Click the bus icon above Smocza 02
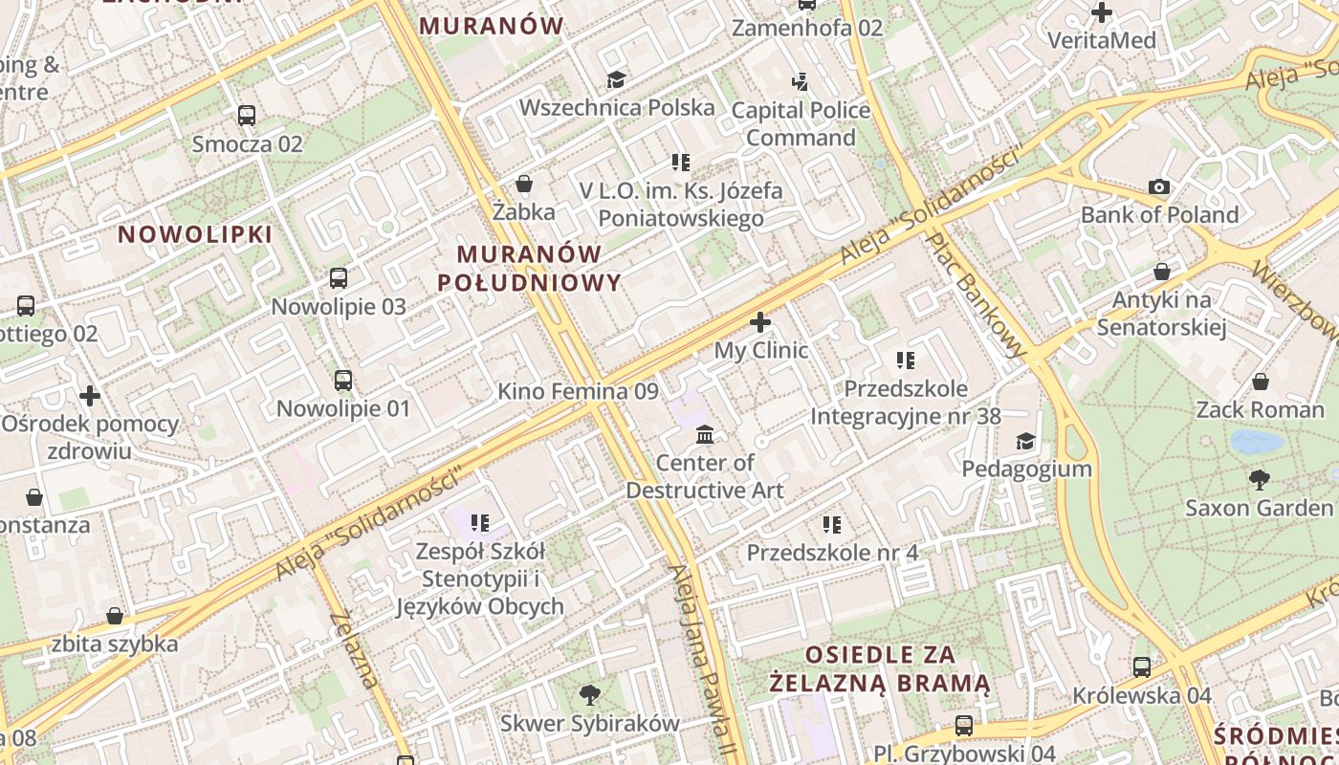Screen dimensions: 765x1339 click(x=247, y=116)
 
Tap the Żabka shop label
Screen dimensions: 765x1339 click(x=524, y=211)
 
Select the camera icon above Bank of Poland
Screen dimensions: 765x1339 click(x=1159, y=186)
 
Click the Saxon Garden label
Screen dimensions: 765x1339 click(x=1259, y=508)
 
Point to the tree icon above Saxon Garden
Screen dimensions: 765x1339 click(x=1259, y=479)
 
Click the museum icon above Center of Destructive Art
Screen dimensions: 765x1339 click(x=705, y=435)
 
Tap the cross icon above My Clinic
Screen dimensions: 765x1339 click(x=760, y=322)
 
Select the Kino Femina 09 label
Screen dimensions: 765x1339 click(x=578, y=391)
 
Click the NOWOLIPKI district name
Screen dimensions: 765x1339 click(x=195, y=234)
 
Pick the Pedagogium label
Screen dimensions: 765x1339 click(x=1026, y=469)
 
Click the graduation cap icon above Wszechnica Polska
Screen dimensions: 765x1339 click(x=616, y=78)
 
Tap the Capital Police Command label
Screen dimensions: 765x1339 click(x=801, y=124)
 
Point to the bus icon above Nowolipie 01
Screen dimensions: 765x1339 click(x=343, y=381)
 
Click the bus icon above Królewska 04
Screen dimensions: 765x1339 click(x=1141, y=667)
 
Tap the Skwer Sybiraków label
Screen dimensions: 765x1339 click(x=589, y=724)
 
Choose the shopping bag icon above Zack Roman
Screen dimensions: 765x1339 click(x=1261, y=382)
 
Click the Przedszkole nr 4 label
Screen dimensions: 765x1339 click(x=832, y=553)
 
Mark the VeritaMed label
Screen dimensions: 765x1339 click(x=1102, y=40)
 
